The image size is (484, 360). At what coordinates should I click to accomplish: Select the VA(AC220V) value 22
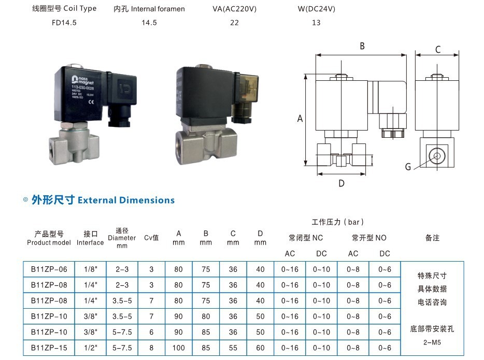pyautogui.click(x=234, y=23)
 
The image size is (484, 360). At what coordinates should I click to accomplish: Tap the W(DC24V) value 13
pyautogui.click(x=316, y=23)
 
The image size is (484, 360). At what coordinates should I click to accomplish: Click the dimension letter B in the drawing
pyautogui.click(x=362, y=46)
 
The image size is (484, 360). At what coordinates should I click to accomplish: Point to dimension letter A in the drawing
pyautogui.click(x=300, y=119)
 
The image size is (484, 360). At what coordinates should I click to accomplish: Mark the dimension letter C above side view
pyautogui.click(x=438, y=50)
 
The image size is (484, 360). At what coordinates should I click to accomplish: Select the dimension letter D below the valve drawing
pyautogui.click(x=341, y=183)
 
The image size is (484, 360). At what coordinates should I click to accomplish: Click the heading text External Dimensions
pyautogui.click(x=126, y=200)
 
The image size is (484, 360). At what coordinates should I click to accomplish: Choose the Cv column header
pyautogui.click(x=151, y=238)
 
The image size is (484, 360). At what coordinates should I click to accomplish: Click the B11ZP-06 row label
pyautogui.click(x=49, y=269)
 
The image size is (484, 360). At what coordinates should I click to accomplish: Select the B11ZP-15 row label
pyautogui.click(x=49, y=348)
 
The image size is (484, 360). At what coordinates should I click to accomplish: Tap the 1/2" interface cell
pyautogui.click(x=90, y=348)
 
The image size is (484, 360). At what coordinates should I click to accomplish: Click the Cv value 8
pyautogui.click(x=151, y=348)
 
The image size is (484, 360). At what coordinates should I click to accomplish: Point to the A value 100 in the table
pyautogui.click(x=179, y=348)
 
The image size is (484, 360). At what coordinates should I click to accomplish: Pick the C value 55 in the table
pyautogui.click(x=233, y=348)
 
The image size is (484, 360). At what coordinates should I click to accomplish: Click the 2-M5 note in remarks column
pyautogui.click(x=432, y=342)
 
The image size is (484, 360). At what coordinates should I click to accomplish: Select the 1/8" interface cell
pyautogui.click(x=90, y=269)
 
